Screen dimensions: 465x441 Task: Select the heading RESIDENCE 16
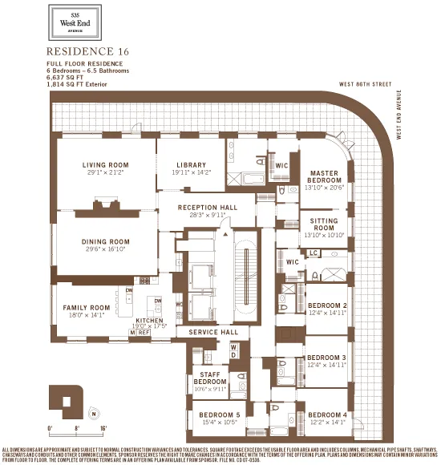tap(87, 51)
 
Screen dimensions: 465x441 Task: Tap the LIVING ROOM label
tap(105, 165)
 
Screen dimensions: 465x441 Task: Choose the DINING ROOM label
tap(105, 241)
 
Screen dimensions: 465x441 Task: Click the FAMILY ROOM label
tap(87, 307)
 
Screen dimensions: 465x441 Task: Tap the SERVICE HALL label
tap(208, 331)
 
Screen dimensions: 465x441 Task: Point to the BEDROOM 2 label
tap(326, 305)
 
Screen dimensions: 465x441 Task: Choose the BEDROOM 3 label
tap(326, 358)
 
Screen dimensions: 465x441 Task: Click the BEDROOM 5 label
tap(220, 414)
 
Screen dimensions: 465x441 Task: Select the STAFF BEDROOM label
tap(209, 378)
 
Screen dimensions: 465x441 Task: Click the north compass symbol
tap(95, 414)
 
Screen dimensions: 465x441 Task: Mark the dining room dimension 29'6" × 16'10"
tap(105, 249)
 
